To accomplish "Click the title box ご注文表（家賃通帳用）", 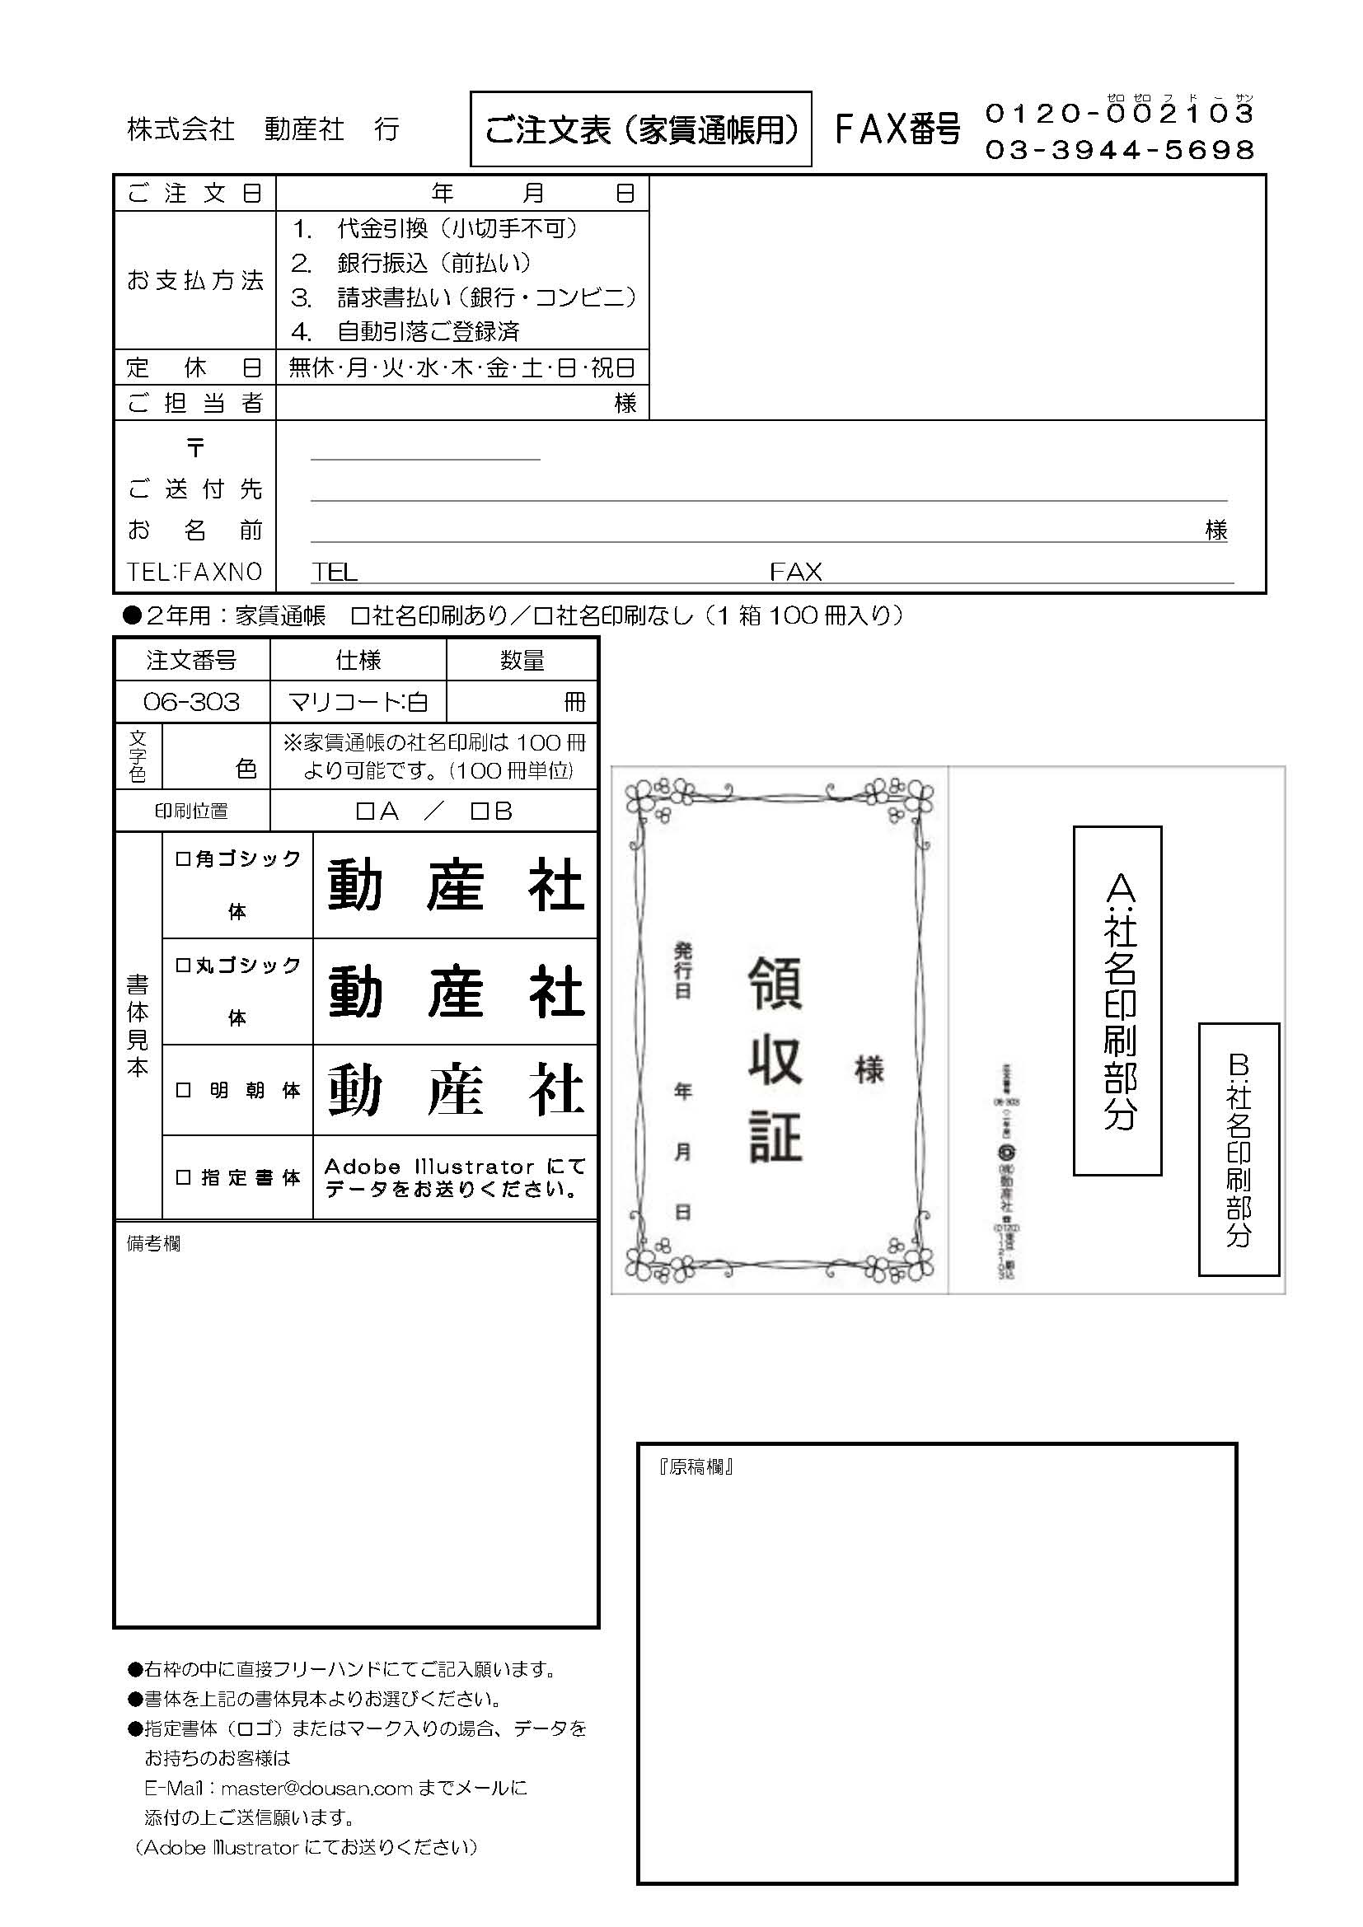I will (x=640, y=129).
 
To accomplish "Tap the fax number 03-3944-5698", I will (x=1119, y=150).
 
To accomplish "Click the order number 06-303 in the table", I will (x=191, y=702).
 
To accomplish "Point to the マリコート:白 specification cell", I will (x=358, y=702).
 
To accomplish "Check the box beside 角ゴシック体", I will (x=182, y=858).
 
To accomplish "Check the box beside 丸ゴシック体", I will (x=182, y=966).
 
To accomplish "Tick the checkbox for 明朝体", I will (x=183, y=1090).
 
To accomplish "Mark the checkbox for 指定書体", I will (x=183, y=1177).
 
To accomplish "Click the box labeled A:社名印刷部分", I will (x=1117, y=1000).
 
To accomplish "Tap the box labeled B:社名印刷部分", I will (x=1238, y=1149).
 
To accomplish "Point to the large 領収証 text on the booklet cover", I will (x=775, y=1060).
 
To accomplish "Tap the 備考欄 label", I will (x=153, y=1244).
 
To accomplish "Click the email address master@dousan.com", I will (x=316, y=1789).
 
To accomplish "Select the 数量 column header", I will (x=521, y=661).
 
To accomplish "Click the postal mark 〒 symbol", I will (x=195, y=448).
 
